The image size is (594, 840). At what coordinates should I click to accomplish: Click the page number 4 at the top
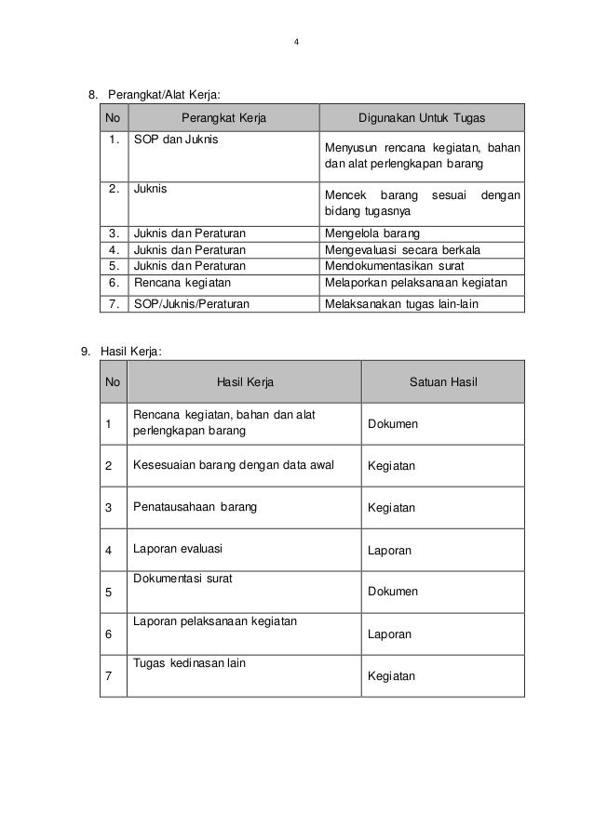(297, 42)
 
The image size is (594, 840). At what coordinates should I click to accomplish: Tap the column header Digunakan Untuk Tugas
(422, 118)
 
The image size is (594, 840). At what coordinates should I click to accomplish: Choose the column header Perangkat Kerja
(223, 118)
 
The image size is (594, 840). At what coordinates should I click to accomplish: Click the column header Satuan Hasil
(443, 381)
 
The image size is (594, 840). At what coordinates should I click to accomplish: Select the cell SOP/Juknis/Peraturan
(192, 303)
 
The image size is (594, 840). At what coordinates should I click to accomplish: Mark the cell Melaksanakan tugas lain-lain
(398, 303)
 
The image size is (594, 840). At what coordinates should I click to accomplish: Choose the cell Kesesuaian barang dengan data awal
(234, 465)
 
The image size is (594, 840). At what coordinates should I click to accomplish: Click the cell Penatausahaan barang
(196, 507)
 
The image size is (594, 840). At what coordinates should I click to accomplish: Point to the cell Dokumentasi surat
(183, 578)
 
